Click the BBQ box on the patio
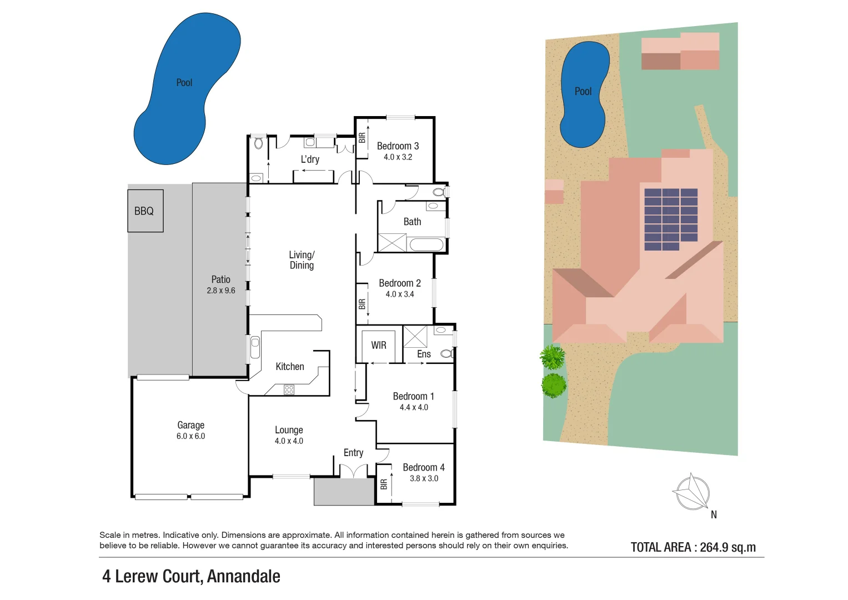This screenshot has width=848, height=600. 145,211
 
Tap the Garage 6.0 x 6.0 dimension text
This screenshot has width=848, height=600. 190,437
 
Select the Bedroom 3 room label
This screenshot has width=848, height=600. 398,146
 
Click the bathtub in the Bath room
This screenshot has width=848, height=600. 426,244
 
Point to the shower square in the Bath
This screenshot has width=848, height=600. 392,243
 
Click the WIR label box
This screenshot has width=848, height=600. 378,346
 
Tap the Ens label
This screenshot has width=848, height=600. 424,354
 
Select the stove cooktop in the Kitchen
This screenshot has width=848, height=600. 289,389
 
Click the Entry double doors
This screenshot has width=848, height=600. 353,471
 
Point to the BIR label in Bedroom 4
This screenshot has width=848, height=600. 383,484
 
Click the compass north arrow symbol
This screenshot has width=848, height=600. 692,492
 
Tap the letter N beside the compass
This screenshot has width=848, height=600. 714,515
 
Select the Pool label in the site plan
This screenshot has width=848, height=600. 583,92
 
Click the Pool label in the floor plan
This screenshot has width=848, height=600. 184,83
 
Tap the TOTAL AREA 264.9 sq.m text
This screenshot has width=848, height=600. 693,547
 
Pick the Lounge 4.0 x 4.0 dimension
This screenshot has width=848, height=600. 289,441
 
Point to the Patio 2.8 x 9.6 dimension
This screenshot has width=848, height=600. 221,291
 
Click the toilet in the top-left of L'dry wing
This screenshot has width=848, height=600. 258,143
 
